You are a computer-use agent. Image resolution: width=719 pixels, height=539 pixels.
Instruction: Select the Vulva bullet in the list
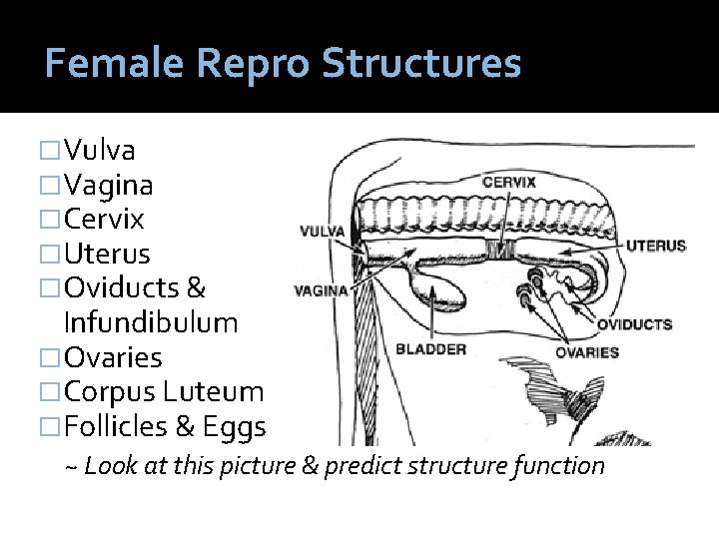(99, 150)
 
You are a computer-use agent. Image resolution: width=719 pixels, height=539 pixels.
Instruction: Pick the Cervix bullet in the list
(104, 219)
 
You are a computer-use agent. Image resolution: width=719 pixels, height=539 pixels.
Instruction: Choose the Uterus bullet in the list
(106, 254)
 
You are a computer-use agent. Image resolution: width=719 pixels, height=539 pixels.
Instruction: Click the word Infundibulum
(151, 322)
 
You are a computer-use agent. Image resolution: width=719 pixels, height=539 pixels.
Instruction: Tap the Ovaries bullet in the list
(112, 357)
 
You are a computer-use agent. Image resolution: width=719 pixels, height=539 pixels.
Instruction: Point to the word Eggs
(235, 427)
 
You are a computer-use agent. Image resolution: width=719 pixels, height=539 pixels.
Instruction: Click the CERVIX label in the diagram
(509, 183)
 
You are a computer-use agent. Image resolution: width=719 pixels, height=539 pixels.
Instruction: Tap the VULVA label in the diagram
(322, 231)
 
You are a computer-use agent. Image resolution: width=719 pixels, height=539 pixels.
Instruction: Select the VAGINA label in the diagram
(321, 291)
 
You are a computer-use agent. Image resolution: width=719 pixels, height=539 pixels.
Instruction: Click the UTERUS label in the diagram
(656, 245)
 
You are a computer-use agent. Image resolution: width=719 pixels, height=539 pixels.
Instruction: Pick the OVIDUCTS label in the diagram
(634, 323)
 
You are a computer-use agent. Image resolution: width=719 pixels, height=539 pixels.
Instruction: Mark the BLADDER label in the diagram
(430, 349)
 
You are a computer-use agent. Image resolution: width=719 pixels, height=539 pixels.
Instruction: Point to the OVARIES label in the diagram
(587, 351)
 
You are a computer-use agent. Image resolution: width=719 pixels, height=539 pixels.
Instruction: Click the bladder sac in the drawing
(439, 289)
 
